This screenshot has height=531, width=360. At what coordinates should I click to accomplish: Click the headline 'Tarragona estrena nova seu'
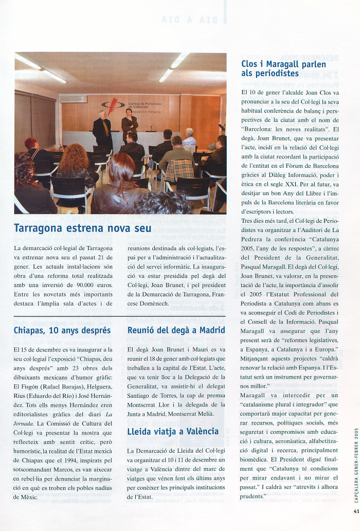(x=82, y=227)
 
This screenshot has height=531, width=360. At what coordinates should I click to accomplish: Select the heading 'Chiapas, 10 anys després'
(x=62, y=330)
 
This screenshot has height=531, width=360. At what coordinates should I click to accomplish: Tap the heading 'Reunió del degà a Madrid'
(x=176, y=330)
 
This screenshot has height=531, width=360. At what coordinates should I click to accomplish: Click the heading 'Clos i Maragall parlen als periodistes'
(x=283, y=69)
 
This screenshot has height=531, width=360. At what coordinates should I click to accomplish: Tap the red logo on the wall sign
(x=121, y=104)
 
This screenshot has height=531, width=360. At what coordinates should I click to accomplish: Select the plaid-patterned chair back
(x=179, y=170)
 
